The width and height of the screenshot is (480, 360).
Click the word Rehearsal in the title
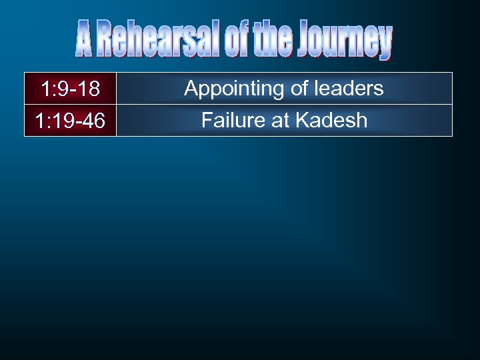tap(159, 40)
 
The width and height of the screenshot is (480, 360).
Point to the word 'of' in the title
tap(235, 40)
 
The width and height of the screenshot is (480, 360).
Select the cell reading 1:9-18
tap(70, 89)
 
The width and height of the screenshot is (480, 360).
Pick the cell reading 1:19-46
tap(70, 121)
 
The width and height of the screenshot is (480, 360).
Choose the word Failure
tap(231, 120)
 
